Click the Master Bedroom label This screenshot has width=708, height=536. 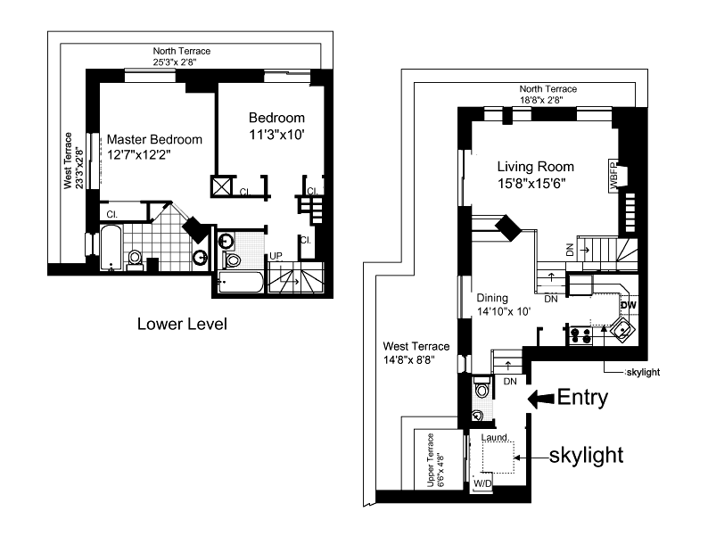pyautogui.click(x=154, y=147)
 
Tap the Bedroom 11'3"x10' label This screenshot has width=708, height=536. pyautogui.click(x=276, y=126)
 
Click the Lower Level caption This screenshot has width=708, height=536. pyautogui.click(x=182, y=324)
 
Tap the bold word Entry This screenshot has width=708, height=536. pyautogui.click(x=582, y=399)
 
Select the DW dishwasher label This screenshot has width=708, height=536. pyautogui.click(x=628, y=305)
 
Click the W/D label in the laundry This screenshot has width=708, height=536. pyautogui.click(x=482, y=483)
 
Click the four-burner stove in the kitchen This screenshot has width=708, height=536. pyautogui.click(x=580, y=335)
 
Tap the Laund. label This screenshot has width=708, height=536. pyautogui.click(x=494, y=439)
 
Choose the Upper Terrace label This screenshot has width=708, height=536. pyautogui.click(x=434, y=460)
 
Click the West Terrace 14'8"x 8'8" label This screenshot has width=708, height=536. pyautogui.click(x=416, y=353)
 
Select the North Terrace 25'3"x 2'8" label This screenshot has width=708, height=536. pyautogui.click(x=182, y=57)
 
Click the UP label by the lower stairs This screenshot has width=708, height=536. pyautogui.click(x=276, y=256)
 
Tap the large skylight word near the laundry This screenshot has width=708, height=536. pyautogui.click(x=585, y=455)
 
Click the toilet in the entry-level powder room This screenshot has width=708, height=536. pyautogui.click(x=482, y=390)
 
